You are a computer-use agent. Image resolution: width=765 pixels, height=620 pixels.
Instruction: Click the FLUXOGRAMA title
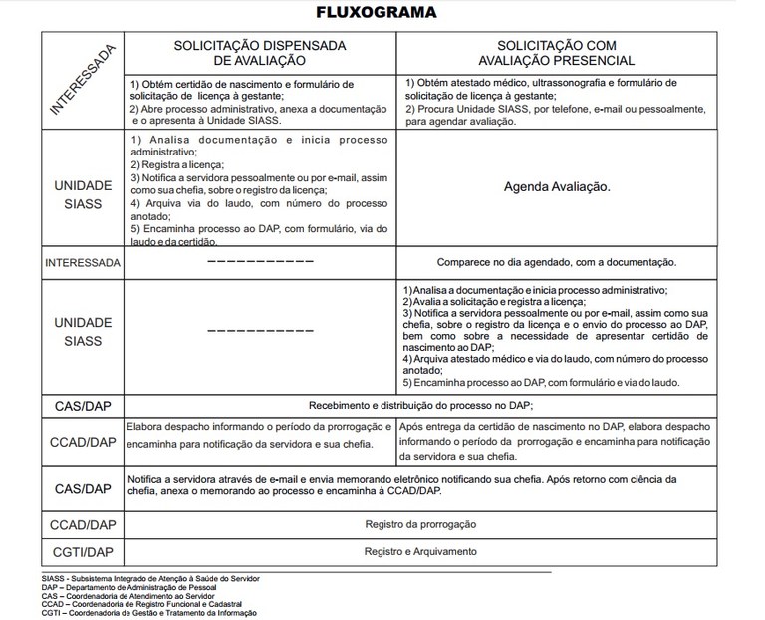(382, 13)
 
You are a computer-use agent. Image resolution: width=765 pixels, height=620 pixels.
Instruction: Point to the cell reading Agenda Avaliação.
(558, 186)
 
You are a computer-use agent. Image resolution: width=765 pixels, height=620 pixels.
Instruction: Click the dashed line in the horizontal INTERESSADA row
(260, 262)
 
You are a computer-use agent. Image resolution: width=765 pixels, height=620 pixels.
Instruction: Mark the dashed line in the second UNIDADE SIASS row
(260, 330)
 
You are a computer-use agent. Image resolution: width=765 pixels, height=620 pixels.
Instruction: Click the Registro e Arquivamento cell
(419, 551)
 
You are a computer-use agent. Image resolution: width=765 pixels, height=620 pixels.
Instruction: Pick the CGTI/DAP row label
(82, 551)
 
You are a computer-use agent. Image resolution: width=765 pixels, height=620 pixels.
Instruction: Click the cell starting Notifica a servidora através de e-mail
(418, 484)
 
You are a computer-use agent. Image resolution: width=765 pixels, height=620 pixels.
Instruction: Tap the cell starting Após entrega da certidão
(558, 440)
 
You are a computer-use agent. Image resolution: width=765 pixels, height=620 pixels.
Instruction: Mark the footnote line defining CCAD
(140, 604)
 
